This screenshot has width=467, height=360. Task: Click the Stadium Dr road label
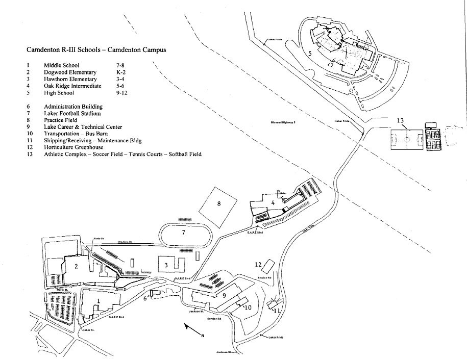pos(126,242)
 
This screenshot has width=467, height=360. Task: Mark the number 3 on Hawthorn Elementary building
pos(166,265)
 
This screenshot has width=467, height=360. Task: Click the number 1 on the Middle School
pos(97,301)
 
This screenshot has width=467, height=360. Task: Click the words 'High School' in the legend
pos(59,93)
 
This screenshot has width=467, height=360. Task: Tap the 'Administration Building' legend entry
pos(73,107)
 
